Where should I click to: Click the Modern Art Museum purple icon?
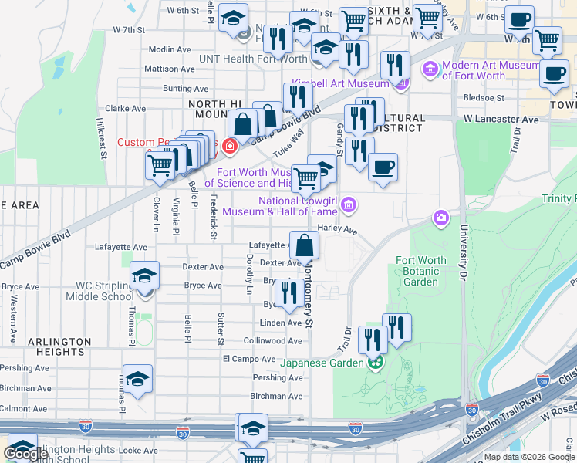pos(430,70)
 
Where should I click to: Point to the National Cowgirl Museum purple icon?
pos(349,205)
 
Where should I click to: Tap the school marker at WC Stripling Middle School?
pos(144,275)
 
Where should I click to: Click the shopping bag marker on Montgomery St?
pos(305,245)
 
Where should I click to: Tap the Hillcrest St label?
pos(100,138)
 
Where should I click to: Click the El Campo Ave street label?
pos(249,360)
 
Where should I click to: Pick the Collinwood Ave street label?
pos(273,340)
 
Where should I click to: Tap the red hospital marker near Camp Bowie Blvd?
pos(229,145)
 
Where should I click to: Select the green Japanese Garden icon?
pos(376,363)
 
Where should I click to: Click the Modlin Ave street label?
pos(170,49)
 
